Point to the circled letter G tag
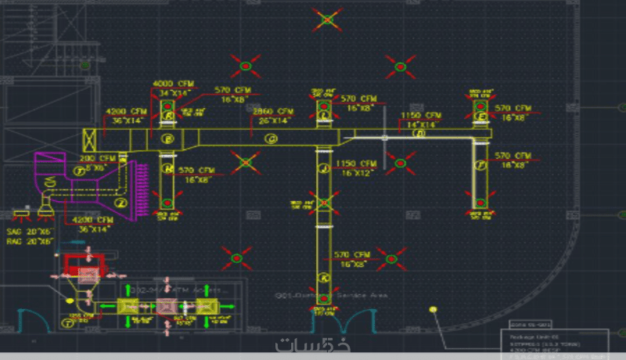click(x=272, y=139)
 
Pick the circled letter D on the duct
click(x=419, y=134)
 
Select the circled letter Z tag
click(x=121, y=203)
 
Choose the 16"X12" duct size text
click(x=355, y=174)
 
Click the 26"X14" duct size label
click(x=273, y=121)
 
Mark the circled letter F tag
click(x=480, y=164)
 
